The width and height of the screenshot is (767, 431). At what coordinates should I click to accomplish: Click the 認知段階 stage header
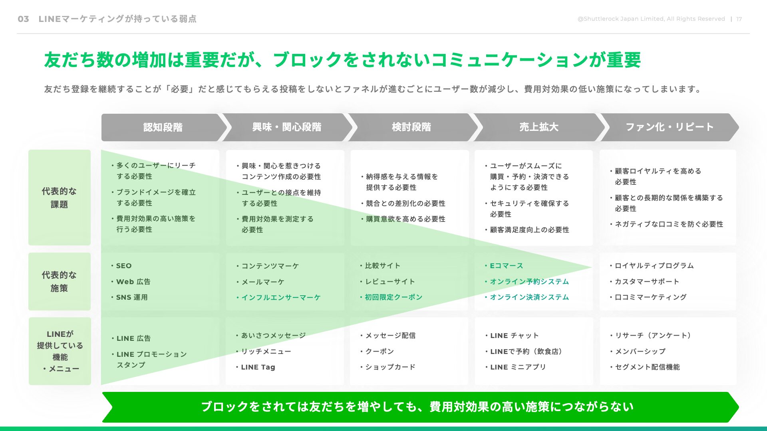coord(163,127)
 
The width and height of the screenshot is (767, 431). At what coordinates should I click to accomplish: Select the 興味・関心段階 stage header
coord(287,127)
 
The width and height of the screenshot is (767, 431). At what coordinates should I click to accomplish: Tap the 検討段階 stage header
coord(411,127)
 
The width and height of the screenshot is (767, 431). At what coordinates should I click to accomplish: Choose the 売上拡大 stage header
coord(539,127)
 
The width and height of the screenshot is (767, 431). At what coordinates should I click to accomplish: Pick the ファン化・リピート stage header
coord(670,127)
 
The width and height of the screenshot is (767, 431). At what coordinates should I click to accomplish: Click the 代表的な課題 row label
coord(60,198)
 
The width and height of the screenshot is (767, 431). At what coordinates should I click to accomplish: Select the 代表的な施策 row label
coord(60,281)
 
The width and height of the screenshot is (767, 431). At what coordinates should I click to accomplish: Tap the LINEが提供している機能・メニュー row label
coord(60,351)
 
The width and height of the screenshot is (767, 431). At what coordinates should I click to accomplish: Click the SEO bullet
coord(121,266)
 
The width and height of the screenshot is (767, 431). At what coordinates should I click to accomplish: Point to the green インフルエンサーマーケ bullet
coord(278,297)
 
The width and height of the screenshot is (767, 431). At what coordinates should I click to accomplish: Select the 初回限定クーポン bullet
coord(391,297)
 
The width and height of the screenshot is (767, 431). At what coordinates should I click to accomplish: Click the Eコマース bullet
coord(504,266)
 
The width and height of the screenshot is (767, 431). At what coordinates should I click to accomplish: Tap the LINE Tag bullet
coord(256,367)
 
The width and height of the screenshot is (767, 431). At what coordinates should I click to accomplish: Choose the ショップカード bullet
coord(388,367)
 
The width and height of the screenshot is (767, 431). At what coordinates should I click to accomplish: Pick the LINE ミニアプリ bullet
coord(515,367)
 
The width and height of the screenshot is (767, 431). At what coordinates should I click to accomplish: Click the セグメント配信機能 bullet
coord(645,367)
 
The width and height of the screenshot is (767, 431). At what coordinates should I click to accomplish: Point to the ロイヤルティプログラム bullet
coord(652,266)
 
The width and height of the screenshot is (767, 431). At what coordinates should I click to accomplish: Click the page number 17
coord(739,19)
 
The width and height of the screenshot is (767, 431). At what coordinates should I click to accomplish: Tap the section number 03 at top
coord(24,19)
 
